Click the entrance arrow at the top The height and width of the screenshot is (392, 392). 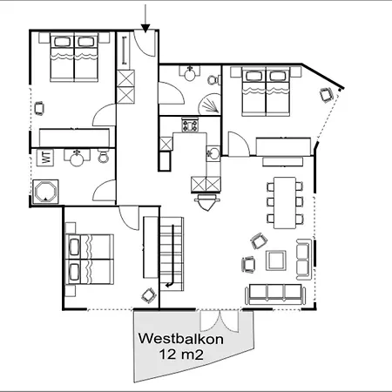[x=145, y=15]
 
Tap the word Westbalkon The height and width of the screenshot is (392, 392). [x=177, y=339]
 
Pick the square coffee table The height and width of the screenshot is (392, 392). [x=276, y=260]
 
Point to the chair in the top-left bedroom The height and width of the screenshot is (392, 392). [x=39, y=108]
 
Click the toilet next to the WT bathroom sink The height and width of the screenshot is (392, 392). [x=102, y=157]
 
